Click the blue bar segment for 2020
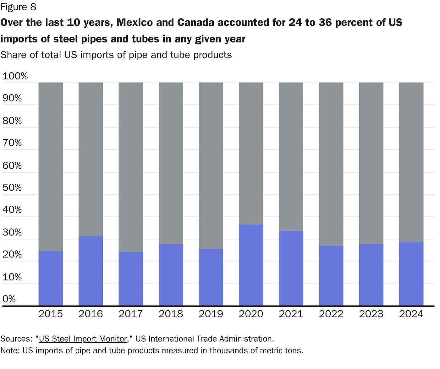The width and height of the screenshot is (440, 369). click(251, 265)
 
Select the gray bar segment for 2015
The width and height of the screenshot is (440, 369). click(51, 167)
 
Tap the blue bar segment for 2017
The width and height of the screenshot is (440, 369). click(131, 279)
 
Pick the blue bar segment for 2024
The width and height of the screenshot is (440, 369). click(411, 274)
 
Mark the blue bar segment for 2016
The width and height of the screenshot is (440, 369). click(91, 271)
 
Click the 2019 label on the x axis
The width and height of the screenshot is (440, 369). click(211, 314)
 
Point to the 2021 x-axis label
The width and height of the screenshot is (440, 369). click(291, 314)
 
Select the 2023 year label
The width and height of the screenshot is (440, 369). click(371, 314)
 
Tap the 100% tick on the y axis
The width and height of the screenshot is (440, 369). click(15, 76)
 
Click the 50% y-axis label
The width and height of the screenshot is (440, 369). click(12, 187)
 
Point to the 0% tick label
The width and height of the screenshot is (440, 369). click(9, 299)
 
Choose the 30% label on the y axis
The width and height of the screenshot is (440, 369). click(12, 232)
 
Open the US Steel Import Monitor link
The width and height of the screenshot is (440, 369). click(83, 339)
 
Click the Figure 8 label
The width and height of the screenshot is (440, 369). click(18, 7)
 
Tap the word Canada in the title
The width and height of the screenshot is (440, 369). click(195, 23)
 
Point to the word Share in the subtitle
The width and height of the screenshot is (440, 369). click(14, 55)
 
